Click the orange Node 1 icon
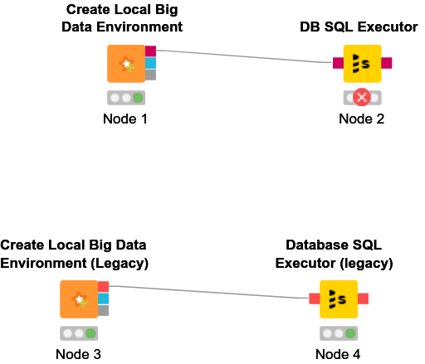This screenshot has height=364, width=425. click(x=125, y=63)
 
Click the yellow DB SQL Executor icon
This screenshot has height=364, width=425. click(x=362, y=63)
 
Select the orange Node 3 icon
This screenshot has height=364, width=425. click(x=78, y=299)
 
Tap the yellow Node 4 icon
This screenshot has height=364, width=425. click(x=339, y=299)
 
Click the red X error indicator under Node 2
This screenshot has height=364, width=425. click(x=362, y=97)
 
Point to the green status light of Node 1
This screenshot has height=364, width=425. click(x=138, y=97)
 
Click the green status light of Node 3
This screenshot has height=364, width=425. click(x=90, y=333)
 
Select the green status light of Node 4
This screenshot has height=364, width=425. click(x=351, y=333)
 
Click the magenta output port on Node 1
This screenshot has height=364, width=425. click(x=150, y=51)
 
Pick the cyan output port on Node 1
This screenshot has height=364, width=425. click(x=150, y=62)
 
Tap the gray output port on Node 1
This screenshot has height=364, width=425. click(x=150, y=75)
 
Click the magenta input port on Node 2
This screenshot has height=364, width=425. click(x=338, y=63)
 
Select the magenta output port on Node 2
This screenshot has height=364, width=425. click(x=387, y=63)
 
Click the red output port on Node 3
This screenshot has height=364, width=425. click(x=103, y=287)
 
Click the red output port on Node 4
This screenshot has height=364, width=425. click(x=364, y=299)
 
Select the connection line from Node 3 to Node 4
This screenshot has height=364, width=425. click(x=208, y=293)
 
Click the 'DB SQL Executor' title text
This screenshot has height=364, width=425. click(x=359, y=27)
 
